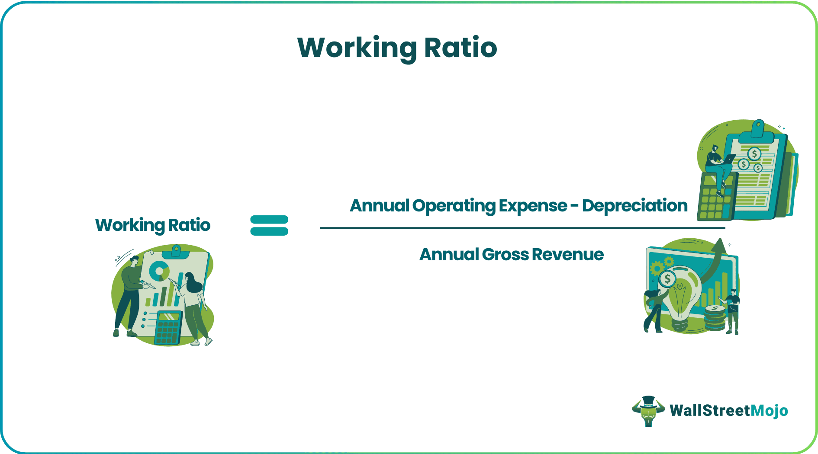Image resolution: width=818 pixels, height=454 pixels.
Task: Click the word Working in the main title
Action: tap(357, 48)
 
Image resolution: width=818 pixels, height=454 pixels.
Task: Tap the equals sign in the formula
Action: tap(269, 225)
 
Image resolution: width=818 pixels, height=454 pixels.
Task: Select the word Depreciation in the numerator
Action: tap(634, 206)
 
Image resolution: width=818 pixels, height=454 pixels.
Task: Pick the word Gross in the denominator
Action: tap(505, 255)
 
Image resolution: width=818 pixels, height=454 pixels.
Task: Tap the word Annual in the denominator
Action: tap(448, 255)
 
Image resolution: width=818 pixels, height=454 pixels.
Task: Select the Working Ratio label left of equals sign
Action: tap(153, 225)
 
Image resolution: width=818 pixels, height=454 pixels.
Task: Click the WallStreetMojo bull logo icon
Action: tap(648, 411)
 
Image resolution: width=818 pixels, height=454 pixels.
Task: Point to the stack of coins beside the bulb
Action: tap(715, 318)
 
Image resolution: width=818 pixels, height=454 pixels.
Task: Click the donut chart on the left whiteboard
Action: tap(159, 271)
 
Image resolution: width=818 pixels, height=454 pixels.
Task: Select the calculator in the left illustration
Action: tap(168, 327)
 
